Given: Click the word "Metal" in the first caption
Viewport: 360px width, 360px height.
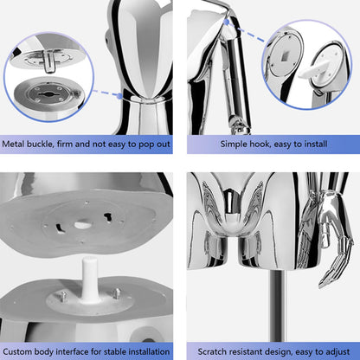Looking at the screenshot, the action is pyautogui.click(x=13, y=144).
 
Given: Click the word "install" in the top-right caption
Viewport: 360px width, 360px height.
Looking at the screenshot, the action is pyautogui.click(x=314, y=144).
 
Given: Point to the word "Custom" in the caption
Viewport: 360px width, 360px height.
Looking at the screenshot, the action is pyautogui.click(x=17, y=351).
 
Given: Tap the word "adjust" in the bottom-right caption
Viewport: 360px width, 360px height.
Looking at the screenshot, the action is pyautogui.click(x=337, y=352).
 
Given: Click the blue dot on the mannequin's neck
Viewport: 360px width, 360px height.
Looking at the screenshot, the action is pyautogui.click(x=120, y=96).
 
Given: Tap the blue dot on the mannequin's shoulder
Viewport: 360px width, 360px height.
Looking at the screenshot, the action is pyautogui.click(x=227, y=22).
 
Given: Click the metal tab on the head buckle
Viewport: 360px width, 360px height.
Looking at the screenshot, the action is pyautogui.click(x=49, y=61).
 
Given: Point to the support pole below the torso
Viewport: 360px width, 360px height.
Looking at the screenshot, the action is pyautogui.click(x=278, y=306).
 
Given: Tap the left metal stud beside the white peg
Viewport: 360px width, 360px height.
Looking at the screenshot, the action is pyautogui.click(x=63, y=297).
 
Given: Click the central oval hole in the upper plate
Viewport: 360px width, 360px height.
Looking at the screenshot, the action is pyautogui.click(x=82, y=224).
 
